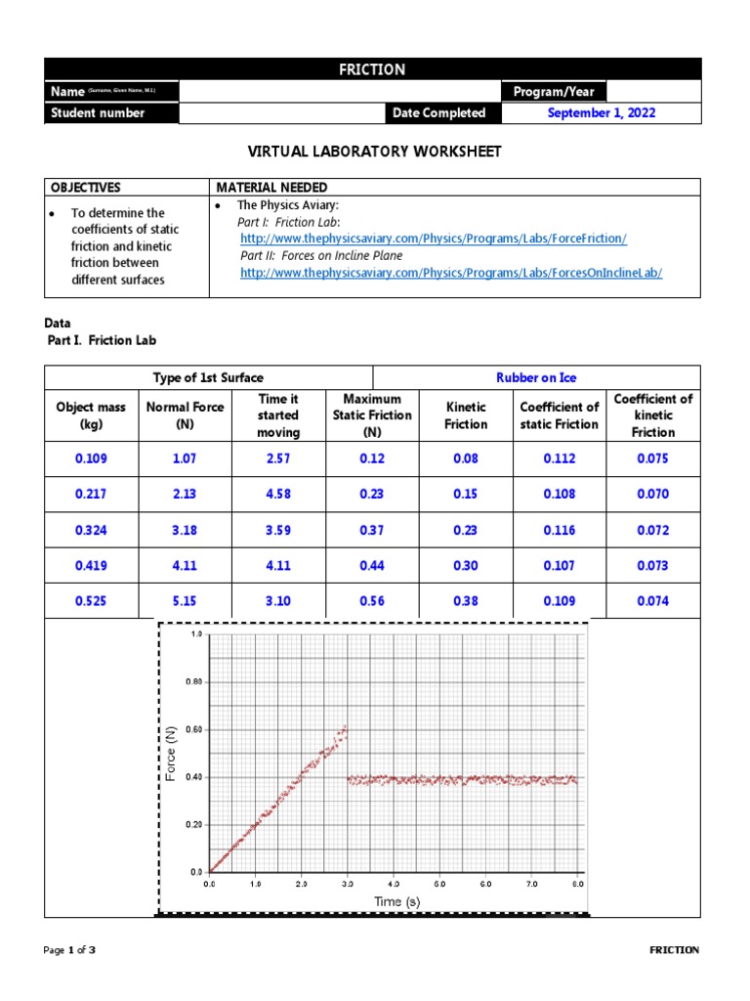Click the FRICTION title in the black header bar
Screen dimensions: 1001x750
click(x=371, y=69)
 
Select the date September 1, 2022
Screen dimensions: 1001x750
click(x=602, y=113)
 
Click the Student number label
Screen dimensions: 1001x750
click(x=98, y=113)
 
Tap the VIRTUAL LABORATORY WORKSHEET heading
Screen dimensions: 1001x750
click(x=374, y=152)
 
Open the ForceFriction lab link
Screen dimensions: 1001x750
click(x=434, y=239)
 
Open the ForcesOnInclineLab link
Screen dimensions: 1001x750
click(x=451, y=273)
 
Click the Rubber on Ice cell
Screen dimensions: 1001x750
click(x=536, y=377)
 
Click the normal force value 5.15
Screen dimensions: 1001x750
click(x=185, y=601)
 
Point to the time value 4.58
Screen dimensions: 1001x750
click(x=277, y=494)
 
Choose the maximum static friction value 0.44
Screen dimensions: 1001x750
click(x=371, y=565)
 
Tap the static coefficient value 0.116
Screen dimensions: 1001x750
click(x=560, y=530)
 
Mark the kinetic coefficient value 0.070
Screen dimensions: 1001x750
click(x=652, y=494)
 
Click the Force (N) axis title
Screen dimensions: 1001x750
click(x=171, y=753)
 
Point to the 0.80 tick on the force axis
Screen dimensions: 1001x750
click(x=193, y=682)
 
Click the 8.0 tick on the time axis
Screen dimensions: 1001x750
click(x=577, y=884)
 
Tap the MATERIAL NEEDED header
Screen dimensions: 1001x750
click(x=271, y=187)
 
